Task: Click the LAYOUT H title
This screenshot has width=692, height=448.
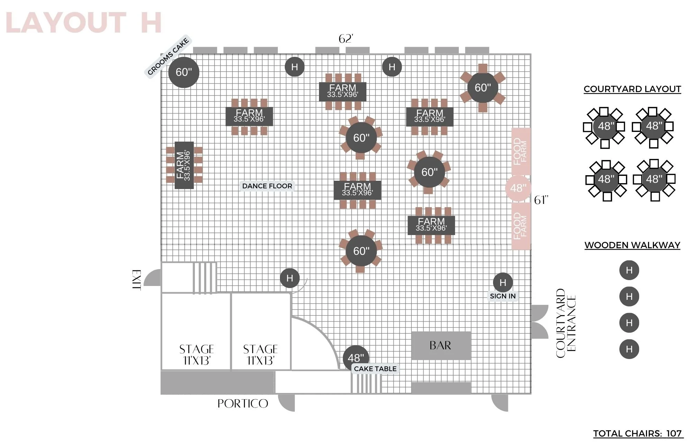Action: click(x=84, y=23)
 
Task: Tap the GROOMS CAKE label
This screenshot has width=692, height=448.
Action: click(x=168, y=56)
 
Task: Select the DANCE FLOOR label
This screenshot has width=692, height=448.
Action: click(x=267, y=186)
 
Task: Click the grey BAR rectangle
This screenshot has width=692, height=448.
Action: click(x=441, y=346)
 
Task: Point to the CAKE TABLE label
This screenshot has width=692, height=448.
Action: click(x=375, y=369)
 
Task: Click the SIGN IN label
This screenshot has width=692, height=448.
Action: click(x=503, y=296)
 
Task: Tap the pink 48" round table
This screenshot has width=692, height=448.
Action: click(x=518, y=188)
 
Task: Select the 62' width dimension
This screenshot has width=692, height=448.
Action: click(x=346, y=39)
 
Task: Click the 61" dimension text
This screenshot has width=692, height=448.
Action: click(x=541, y=200)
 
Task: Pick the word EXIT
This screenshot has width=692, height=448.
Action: click(x=137, y=280)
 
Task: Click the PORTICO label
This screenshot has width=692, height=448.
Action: click(x=243, y=403)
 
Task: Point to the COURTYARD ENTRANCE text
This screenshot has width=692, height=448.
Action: click(x=566, y=323)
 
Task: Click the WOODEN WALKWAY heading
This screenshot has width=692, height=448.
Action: click(x=632, y=245)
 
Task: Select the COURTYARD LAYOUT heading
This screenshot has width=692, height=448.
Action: click(x=632, y=89)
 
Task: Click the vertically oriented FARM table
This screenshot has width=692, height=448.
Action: click(x=184, y=165)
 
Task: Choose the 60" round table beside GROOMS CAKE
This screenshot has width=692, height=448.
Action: click(x=184, y=72)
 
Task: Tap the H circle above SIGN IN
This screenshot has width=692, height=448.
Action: click(x=503, y=283)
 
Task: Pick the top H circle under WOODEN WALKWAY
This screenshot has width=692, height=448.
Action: click(x=629, y=270)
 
